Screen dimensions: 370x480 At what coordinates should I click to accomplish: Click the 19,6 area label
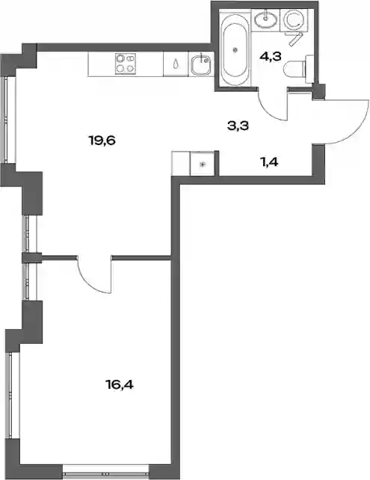102,141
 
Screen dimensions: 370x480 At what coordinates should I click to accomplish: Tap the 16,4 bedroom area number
120,384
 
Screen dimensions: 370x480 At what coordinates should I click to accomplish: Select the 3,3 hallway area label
238,126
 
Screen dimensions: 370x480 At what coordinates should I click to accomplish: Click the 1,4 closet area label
269,162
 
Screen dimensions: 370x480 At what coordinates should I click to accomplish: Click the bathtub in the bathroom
235,50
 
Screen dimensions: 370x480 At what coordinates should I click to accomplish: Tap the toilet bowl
295,69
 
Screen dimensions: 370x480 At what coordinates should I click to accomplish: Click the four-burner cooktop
126,64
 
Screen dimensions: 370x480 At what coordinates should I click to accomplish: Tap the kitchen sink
201,64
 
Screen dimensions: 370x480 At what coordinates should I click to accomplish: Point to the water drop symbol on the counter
176,64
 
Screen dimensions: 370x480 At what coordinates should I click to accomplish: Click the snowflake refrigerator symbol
202,164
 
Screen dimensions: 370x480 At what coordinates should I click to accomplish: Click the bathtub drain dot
235,49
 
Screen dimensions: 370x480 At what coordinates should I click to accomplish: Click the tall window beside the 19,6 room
10,120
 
